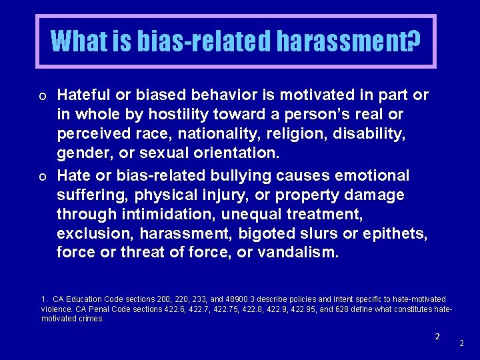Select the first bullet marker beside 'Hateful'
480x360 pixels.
pyautogui.click(x=42, y=97)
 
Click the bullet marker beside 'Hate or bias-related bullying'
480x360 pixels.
pyautogui.click(x=42, y=177)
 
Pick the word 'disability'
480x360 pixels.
pyautogui.click(x=371, y=134)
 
